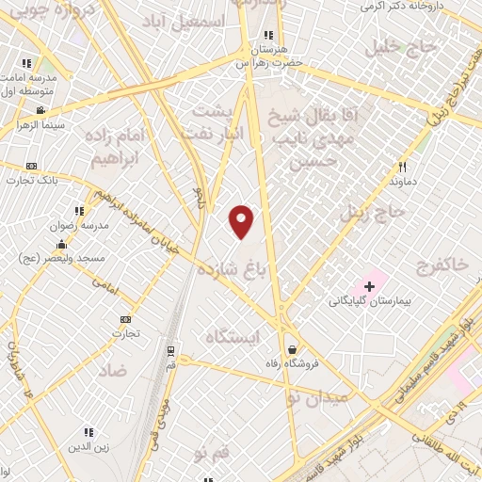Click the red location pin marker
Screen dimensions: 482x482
242,222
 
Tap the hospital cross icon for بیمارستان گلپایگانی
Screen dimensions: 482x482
369,285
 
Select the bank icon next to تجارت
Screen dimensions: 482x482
126,319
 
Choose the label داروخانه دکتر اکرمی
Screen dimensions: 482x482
401,7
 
